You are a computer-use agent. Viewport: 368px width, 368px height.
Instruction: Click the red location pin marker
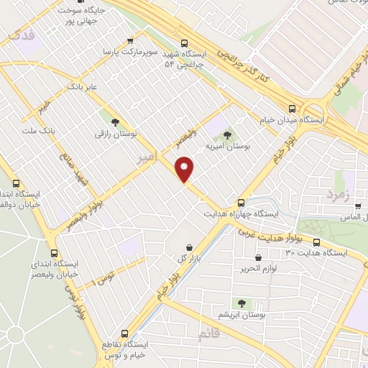point(185,169)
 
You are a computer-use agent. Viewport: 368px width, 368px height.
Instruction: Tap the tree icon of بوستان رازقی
point(115,121)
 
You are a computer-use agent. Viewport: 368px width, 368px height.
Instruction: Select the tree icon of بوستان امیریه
point(228,134)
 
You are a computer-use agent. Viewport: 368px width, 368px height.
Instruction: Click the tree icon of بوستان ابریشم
point(241,304)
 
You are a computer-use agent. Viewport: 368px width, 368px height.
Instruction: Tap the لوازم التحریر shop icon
point(258,258)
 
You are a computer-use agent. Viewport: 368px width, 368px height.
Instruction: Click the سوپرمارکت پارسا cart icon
point(129,41)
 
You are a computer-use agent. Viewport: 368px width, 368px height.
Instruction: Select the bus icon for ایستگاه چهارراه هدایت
point(241,203)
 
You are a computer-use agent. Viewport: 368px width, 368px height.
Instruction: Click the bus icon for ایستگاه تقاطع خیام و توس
point(125,333)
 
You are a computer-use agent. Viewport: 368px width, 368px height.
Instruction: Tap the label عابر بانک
point(80,87)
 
